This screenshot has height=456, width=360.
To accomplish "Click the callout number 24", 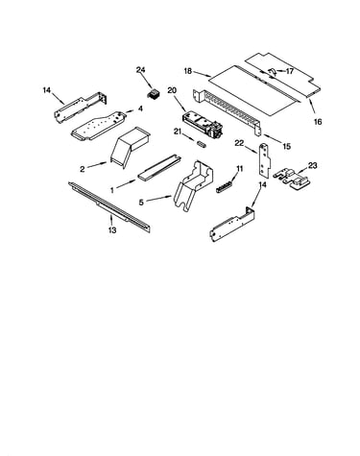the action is tap(140, 70).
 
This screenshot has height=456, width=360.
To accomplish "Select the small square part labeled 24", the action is tap(153, 94).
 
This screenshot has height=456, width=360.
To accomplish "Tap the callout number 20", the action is tap(172, 90).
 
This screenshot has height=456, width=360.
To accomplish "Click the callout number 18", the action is tap(188, 71).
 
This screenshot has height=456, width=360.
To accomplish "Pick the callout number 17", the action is tap(289, 71).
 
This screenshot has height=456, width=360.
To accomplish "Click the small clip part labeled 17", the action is tap(271, 72).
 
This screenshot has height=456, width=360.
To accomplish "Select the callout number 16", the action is tap(318, 122).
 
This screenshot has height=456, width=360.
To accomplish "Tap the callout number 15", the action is tap(287, 147).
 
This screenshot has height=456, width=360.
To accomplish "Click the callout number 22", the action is tap(240, 143).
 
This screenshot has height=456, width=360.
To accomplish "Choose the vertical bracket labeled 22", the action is tap(265, 160).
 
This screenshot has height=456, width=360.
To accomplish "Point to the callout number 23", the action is tap(312, 165).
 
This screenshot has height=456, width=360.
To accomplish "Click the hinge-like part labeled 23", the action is tap(292, 178).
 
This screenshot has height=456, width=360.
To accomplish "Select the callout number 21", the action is tap(179, 132).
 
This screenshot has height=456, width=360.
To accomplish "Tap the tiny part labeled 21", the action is tap(202, 144).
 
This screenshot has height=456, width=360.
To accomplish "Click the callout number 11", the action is tap(240, 168).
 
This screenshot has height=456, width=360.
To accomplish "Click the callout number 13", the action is tap(112, 229).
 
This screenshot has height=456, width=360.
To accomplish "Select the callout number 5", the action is tap(141, 203).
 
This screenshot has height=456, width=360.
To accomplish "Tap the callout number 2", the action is tap(83, 169).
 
